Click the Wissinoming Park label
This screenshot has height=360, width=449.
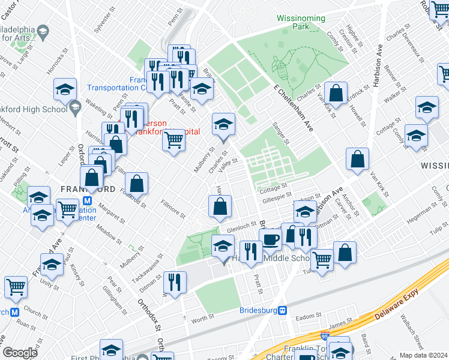(x=301, y=22)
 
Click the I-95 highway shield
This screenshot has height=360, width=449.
(x=325, y=338)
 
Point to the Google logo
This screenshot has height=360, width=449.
(x=20, y=352)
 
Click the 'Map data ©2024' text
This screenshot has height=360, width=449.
(x=424, y=355)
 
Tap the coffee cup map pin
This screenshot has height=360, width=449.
(x=271, y=239)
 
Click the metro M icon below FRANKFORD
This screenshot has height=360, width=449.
(x=88, y=201)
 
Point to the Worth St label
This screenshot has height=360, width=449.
(x=202, y=321)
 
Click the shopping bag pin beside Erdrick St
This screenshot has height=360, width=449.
(x=336, y=93)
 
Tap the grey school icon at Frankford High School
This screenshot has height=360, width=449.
(x=74, y=108)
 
